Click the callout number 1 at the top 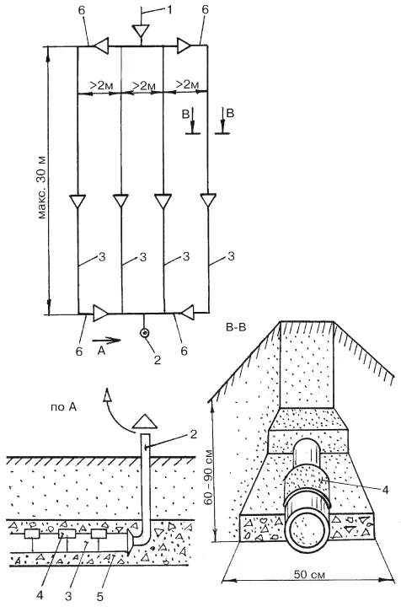click(x=168, y=9)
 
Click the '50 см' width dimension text click(x=309, y=574)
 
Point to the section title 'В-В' click(x=236, y=327)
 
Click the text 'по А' click(x=63, y=407)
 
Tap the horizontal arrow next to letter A click(x=107, y=340)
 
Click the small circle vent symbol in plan click(x=145, y=333)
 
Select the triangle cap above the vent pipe click(x=145, y=421)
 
